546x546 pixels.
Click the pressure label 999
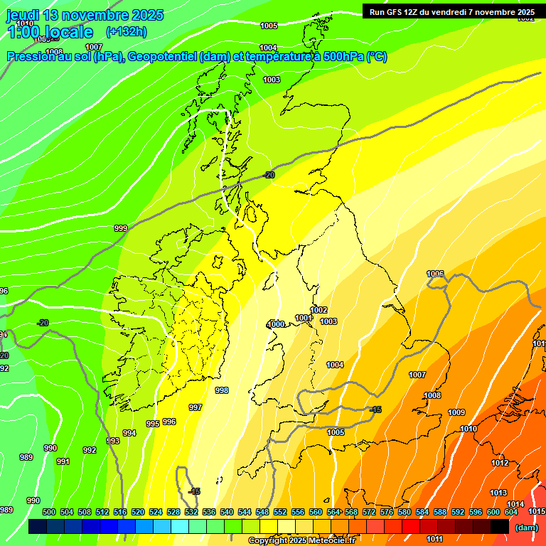pos(121,228)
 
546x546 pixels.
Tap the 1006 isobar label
pos(435,274)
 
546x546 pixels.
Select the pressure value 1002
pos(319,310)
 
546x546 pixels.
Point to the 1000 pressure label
pos(276,324)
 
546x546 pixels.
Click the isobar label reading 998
pos(222,390)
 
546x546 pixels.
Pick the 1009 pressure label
pos(456,412)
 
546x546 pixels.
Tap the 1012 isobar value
pos(500,463)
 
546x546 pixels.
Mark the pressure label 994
pos(129,433)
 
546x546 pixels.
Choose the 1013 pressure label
pos(498,493)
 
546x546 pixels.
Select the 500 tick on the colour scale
pos(49,512)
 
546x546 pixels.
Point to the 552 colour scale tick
pos(280,512)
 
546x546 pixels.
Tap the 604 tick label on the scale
pos(511,512)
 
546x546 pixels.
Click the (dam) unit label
pos(526,528)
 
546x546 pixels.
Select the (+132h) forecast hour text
pos(126,31)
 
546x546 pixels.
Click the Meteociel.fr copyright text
pos(301,541)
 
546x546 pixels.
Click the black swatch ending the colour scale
pos(500,527)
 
